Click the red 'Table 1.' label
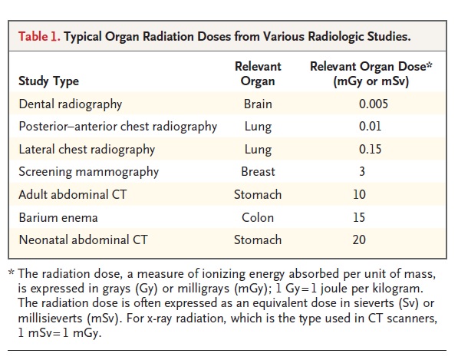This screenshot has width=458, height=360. [x=39, y=37]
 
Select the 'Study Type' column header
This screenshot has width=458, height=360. [x=49, y=81]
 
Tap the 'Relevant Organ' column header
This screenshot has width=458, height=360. [x=258, y=74]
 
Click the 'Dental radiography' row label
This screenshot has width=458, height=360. [x=71, y=104]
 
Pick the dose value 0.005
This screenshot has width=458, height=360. [x=374, y=104]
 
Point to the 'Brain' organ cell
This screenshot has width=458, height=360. [x=258, y=104]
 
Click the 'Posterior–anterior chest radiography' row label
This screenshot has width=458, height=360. [x=118, y=127]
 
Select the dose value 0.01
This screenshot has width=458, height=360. [x=370, y=127]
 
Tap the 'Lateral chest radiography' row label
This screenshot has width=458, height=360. [x=87, y=150]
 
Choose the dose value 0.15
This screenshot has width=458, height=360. [x=370, y=150]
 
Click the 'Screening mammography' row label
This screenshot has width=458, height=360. [x=89, y=172]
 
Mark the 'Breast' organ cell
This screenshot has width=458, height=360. [x=258, y=172]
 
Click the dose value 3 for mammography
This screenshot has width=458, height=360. [x=362, y=172]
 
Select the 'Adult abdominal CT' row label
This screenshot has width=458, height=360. [x=73, y=195]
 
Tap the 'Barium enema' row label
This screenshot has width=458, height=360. [x=58, y=218]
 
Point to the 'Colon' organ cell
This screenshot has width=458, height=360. [x=258, y=218]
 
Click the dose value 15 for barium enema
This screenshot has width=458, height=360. [x=359, y=218]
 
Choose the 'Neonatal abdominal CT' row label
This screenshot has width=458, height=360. [x=84, y=240]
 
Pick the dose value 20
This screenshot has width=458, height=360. [x=359, y=240]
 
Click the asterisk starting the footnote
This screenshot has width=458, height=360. [x=12, y=272]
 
